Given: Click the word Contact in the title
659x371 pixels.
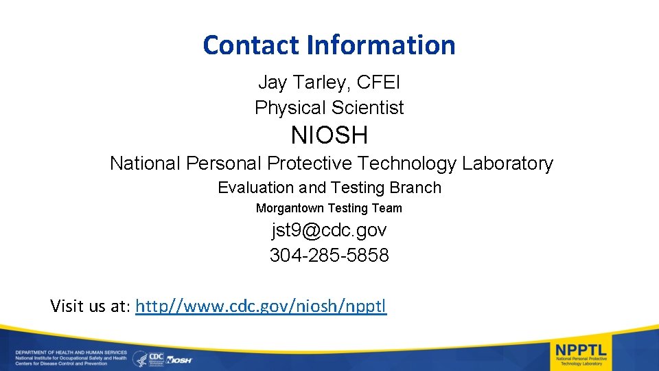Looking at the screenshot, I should (x=252, y=45).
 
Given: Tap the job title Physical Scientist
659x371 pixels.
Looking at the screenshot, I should (x=329, y=108).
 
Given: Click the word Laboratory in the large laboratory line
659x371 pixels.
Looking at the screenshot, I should (x=507, y=164).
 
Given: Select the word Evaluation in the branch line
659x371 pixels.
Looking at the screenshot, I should (x=256, y=188).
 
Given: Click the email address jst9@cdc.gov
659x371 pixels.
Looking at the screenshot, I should (x=329, y=229).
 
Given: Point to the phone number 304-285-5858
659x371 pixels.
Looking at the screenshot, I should (x=329, y=256).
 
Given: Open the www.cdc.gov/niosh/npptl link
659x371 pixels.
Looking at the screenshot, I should (x=262, y=306).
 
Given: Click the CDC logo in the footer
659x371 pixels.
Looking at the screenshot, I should (x=157, y=358).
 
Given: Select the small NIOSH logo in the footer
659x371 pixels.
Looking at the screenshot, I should (x=180, y=359).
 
